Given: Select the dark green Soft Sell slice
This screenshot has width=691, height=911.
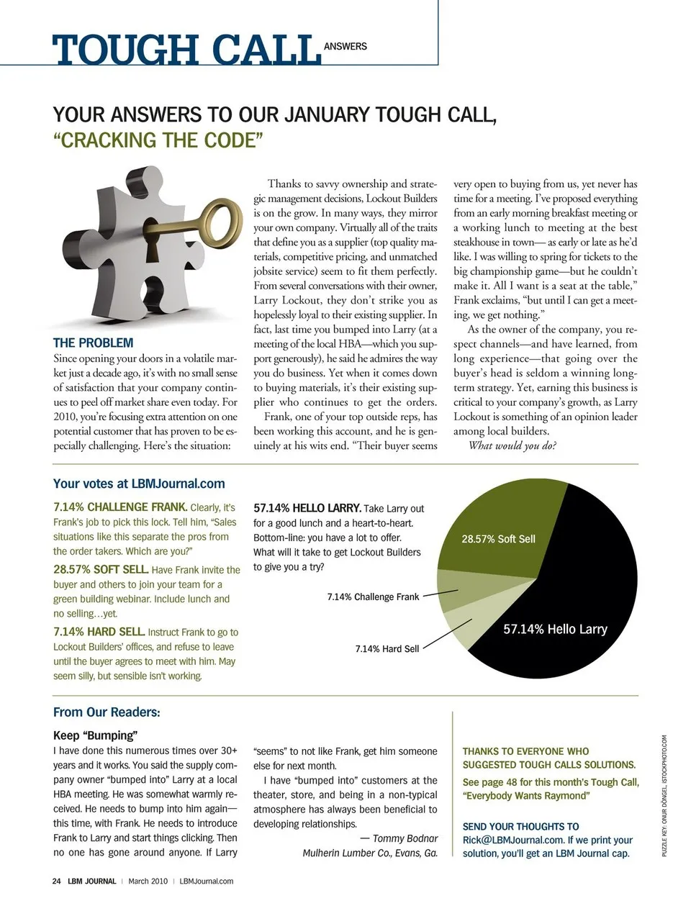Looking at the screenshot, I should [x=497, y=532].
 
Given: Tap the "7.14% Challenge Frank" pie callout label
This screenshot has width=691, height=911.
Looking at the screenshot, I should [x=373, y=597].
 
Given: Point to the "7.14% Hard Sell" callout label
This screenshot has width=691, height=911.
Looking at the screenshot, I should [x=387, y=648].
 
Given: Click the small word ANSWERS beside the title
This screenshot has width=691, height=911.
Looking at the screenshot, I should [x=345, y=46].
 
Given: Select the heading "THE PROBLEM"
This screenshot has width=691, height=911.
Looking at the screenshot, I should [x=94, y=343].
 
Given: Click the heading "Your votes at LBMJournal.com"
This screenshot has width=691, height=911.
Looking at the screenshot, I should [x=139, y=484].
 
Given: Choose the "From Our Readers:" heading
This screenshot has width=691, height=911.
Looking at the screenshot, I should [x=107, y=712].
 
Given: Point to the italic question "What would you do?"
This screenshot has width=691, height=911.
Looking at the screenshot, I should [x=512, y=445].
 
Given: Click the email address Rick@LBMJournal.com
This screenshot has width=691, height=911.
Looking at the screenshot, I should [x=512, y=840].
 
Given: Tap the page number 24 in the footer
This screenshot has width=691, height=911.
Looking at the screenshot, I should [x=57, y=881].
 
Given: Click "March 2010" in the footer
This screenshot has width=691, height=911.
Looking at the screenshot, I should [x=148, y=881].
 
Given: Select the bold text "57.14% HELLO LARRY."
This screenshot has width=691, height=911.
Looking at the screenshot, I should [x=307, y=508].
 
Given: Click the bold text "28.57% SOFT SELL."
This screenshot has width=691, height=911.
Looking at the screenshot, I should [x=101, y=569].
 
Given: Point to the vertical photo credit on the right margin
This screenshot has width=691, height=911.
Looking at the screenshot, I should [x=664, y=795].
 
